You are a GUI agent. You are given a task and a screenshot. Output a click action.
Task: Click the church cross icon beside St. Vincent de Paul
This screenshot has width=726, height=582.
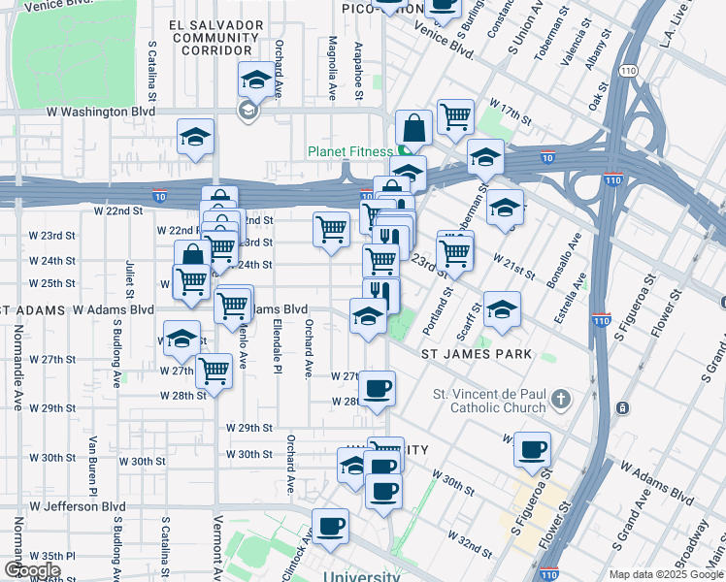click(x=559, y=399)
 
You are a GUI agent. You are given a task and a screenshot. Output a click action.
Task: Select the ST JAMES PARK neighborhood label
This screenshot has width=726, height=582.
click(x=477, y=354)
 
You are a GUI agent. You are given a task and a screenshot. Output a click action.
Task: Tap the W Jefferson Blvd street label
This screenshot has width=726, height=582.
click(x=78, y=505)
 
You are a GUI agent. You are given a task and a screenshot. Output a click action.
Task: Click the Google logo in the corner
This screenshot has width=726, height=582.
click(x=31, y=570)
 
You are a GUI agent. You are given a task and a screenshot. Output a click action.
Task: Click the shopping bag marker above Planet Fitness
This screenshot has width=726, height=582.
click(x=413, y=128)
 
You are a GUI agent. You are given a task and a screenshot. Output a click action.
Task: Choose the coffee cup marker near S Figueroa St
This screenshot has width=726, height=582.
click(x=531, y=450)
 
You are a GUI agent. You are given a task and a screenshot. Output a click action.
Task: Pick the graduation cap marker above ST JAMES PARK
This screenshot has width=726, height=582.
click(x=501, y=309)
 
